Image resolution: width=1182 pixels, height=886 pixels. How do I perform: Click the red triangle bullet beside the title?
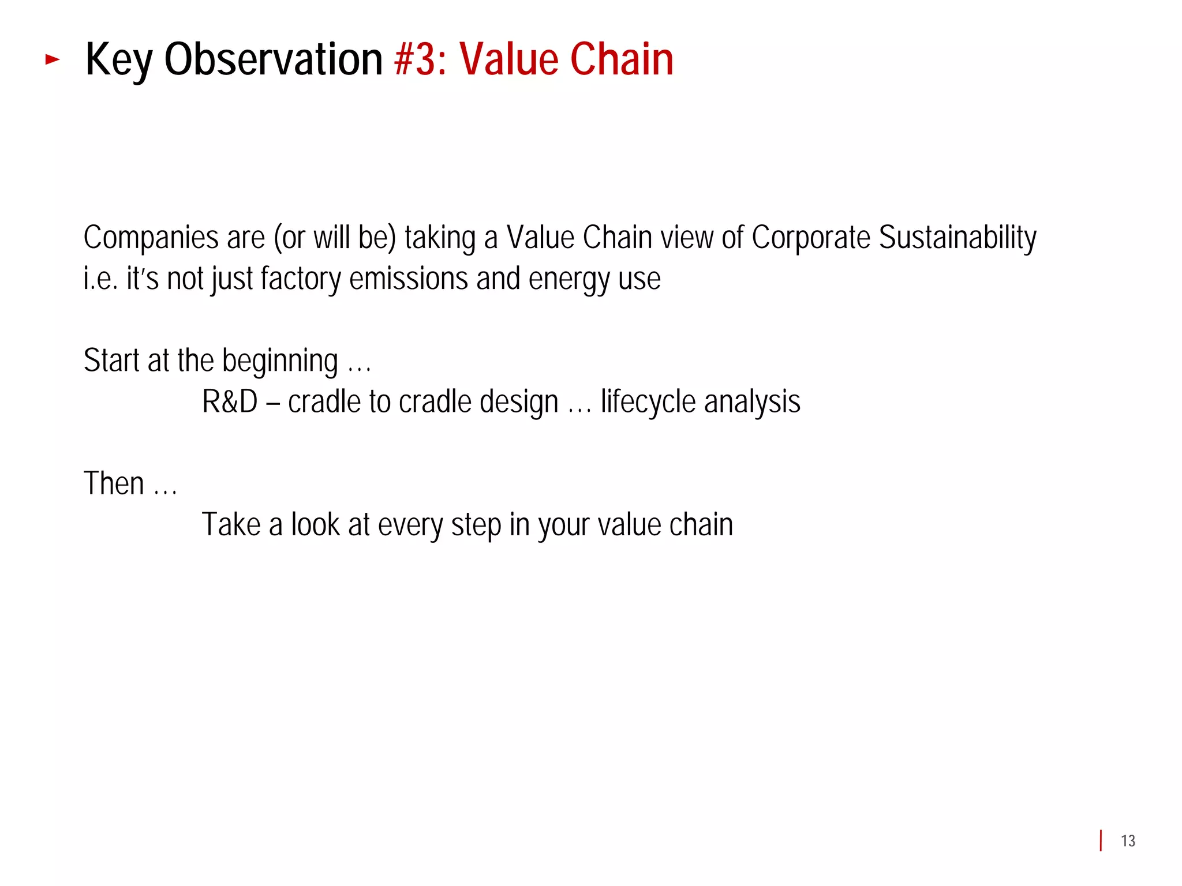click(53, 59)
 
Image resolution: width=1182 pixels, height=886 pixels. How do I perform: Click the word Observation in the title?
click(273, 60)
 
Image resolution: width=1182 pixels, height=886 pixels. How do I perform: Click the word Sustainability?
click(957, 238)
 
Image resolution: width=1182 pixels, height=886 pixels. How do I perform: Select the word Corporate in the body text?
click(810, 237)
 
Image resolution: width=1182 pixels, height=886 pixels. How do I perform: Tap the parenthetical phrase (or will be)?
click(335, 238)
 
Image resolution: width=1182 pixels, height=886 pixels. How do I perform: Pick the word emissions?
click(409, 279)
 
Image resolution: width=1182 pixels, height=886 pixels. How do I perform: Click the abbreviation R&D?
click(230, 401)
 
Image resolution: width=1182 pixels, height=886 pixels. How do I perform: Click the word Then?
click(114, 483)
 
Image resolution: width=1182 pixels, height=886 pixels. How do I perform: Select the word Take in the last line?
click(231, 525)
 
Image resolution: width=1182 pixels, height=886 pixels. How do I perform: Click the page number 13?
click(1128, 841)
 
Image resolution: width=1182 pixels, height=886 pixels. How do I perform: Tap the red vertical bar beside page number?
click(1101, 840)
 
